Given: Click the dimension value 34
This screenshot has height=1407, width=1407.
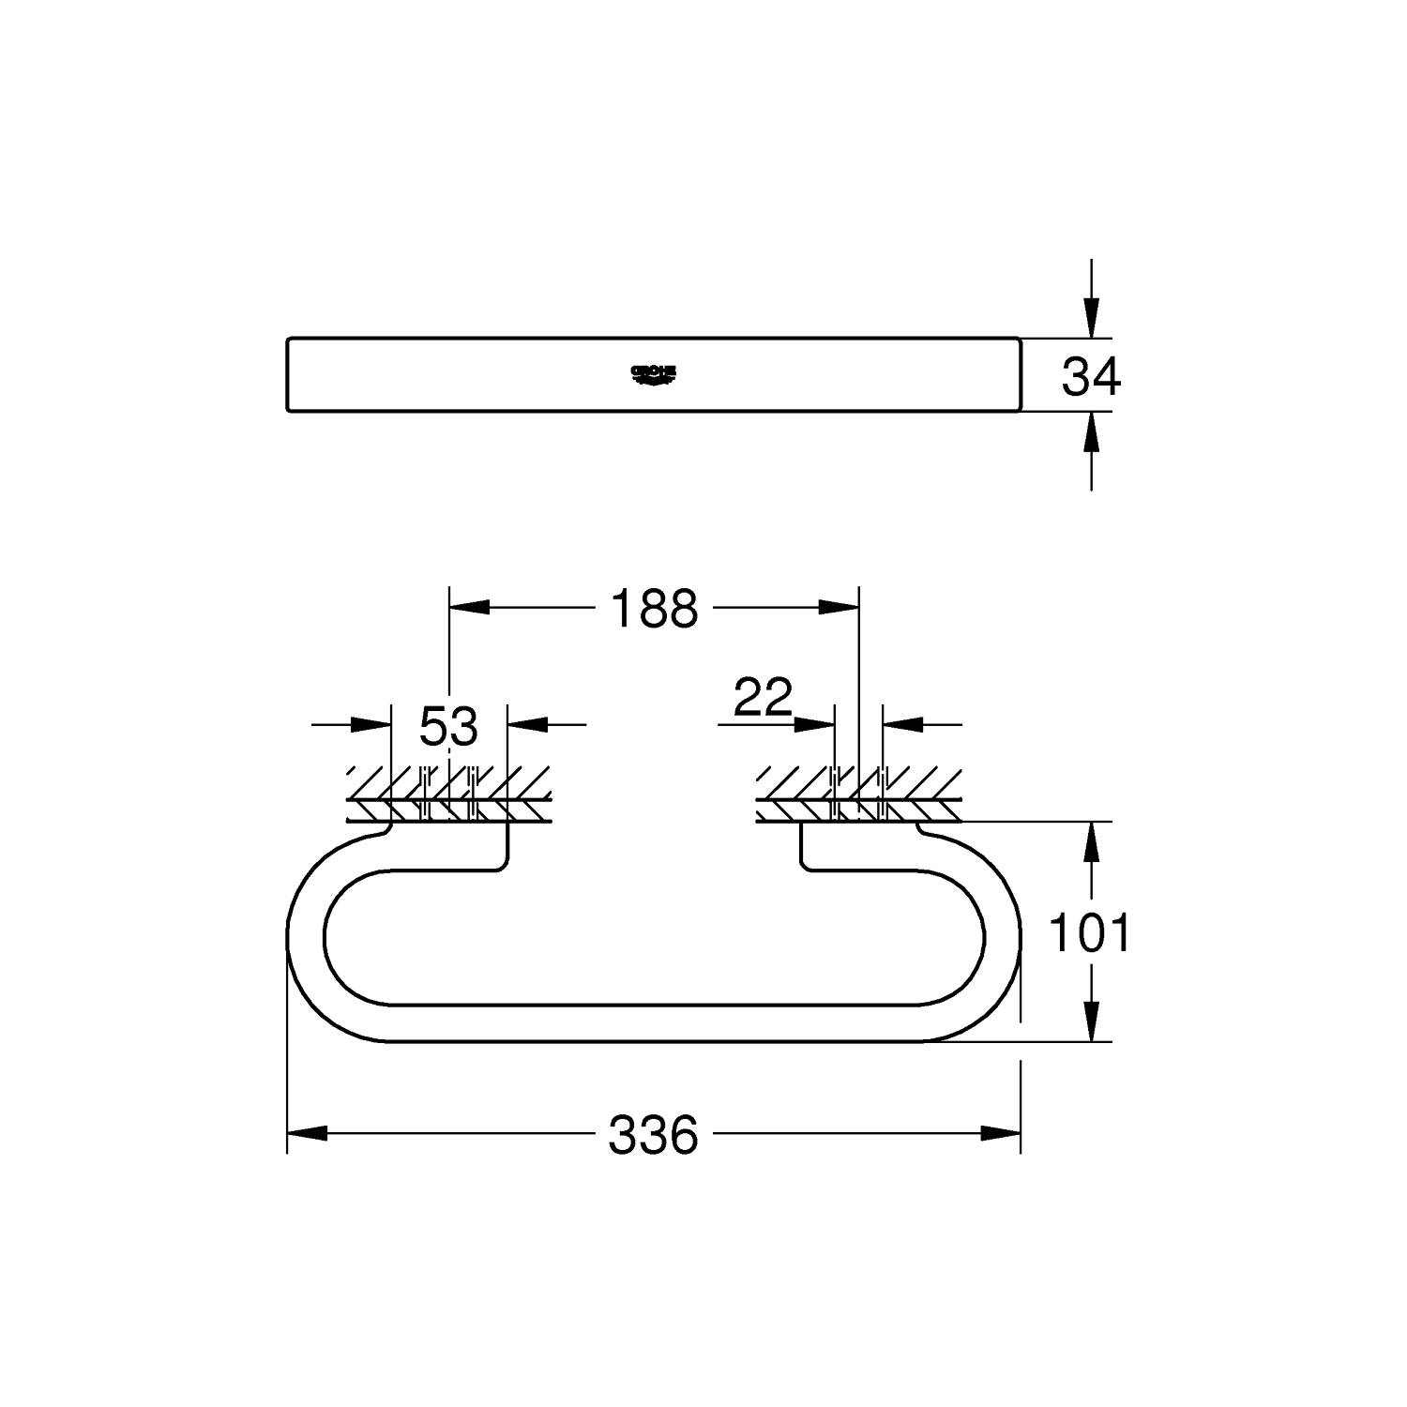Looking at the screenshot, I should (x=1090, y=377).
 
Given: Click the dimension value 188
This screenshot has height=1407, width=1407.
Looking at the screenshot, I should (x=654, y=608).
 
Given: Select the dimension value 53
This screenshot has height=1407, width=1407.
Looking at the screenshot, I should (x=448, y=726).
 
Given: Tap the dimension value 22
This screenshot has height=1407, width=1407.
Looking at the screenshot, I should (x=763, y=697).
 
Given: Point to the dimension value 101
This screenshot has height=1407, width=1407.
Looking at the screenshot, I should (x=1089, y=933).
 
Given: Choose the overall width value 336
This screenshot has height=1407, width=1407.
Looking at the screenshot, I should (x=653, y=1134).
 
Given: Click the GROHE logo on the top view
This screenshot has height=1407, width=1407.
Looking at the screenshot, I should (x=653, y=374).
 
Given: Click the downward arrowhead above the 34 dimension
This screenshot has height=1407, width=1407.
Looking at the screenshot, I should (x=1090, y=316).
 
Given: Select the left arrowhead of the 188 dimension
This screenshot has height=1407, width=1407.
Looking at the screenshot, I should (x=469, y=608).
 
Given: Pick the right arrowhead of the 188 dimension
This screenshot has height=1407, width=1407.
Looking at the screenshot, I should (x=839, y=608).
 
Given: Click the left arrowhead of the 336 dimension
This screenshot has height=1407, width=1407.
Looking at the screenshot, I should (x=307, y=1133).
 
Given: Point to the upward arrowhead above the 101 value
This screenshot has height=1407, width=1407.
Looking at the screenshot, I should (x=1090, y=842).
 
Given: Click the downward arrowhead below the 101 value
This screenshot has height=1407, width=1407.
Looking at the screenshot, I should (x=1090, y=1021).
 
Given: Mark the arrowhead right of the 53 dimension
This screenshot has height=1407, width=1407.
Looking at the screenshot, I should (x=527, y=724).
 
